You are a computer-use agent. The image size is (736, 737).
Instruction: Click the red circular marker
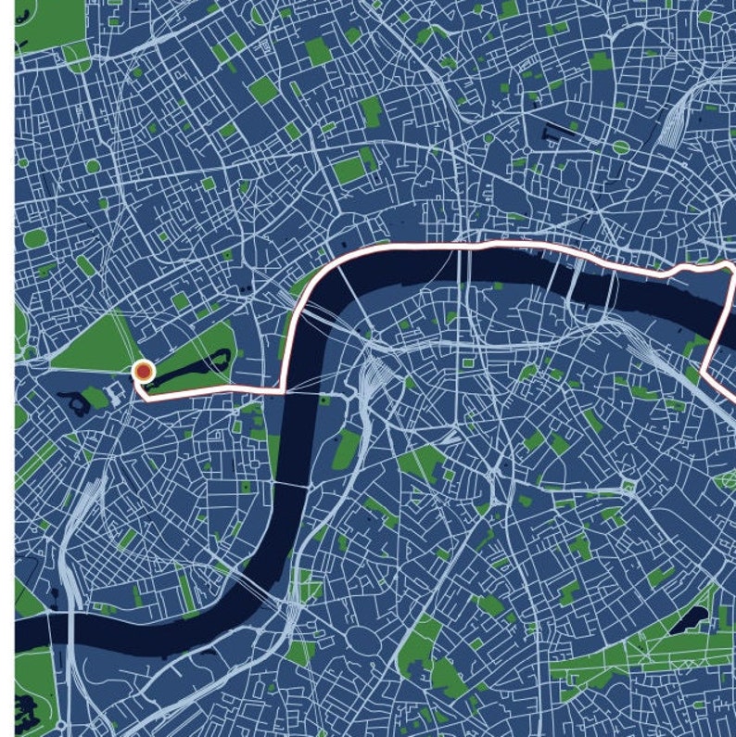tap(143, 372)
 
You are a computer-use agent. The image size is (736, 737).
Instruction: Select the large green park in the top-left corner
tap(46, 23)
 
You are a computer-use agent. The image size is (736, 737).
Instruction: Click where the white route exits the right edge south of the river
tap(732, 398)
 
